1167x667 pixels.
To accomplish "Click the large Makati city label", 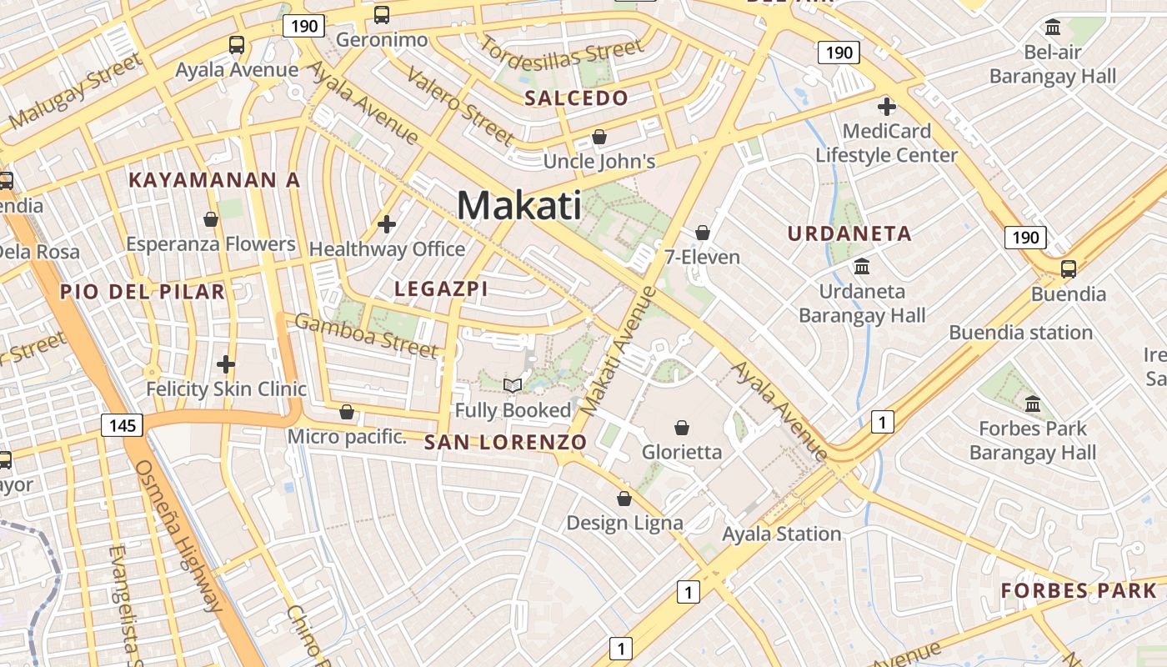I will tap(518, 205).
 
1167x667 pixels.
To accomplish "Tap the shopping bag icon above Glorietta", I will tap(682, 428).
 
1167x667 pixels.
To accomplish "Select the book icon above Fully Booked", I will tap(513, 385).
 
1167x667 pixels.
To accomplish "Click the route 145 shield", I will tap(122, 426).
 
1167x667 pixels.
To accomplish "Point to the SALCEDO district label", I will tap(576, 98).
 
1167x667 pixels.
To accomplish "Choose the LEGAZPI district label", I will tap(441, 289).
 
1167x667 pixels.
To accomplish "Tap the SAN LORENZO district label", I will tap(506, 442).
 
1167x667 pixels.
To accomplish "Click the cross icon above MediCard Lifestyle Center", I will tap(886, 107).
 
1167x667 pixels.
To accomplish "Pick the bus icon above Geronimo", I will tap(381, 14).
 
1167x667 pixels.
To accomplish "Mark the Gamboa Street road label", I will tap(366, 334).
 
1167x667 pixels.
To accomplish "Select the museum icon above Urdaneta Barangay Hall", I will tap(862, 267).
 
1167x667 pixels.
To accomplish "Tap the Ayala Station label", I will tap(781, 534).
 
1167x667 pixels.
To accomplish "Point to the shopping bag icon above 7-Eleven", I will tap(702, 232).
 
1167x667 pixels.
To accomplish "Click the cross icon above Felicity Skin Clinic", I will tap(226, 364).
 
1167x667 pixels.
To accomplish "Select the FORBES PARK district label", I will tap(1079, 591).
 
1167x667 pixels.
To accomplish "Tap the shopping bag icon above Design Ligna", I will tap(624, 499).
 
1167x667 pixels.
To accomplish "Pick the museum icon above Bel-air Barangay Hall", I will tap(1052, 28).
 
